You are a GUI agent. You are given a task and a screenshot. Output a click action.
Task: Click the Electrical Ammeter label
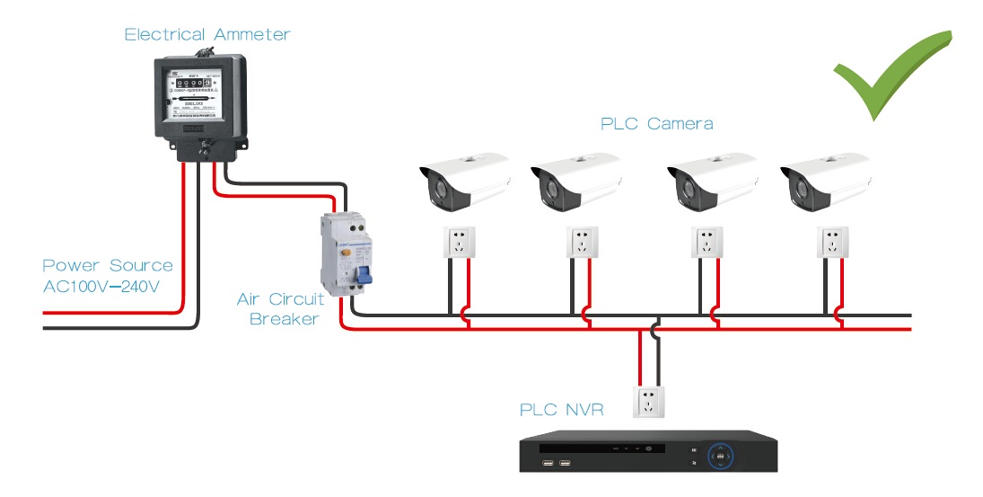207,35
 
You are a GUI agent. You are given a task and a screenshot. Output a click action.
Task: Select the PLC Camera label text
656,123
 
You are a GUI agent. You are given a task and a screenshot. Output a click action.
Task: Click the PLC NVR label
561,410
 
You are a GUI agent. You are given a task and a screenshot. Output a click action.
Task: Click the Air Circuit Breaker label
280,308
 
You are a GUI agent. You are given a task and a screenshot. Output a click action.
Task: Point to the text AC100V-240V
101,287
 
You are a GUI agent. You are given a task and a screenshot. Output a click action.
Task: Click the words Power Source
107,265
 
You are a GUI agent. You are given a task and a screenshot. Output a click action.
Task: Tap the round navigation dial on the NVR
720,457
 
